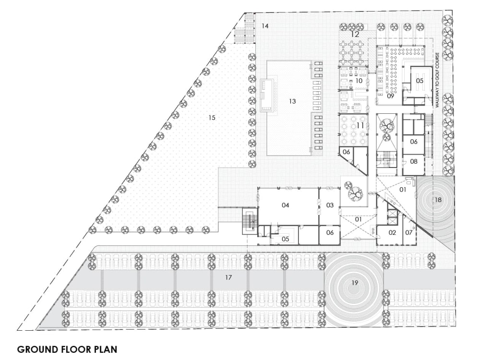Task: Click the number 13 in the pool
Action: (x=292, y=101)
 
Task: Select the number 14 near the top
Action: (x=265, y=25)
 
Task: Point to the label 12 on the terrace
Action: (x=355, y=35)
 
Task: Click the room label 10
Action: (x=358, y=81)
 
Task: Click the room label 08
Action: (x=414, y=162)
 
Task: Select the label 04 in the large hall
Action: (x=286, y=205)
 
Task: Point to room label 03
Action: (x=330, y=205)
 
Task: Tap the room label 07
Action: (x=409, y=233)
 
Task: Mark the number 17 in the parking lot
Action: (x=228, y=277)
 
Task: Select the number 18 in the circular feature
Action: (x=438, y=200)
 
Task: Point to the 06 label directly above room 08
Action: (x=414, y=142)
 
